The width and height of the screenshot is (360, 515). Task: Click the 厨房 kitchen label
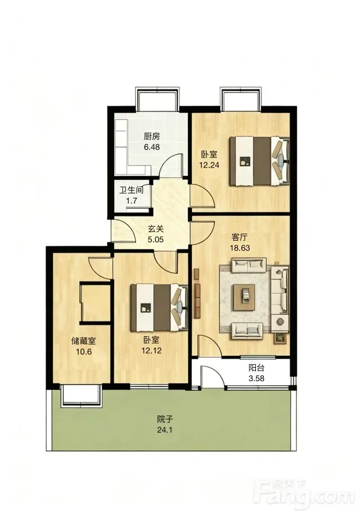(151, 136)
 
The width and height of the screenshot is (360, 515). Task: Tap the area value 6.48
(152, 147)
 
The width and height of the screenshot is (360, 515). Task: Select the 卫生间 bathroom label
(131, 190)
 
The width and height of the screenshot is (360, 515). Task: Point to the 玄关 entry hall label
(155, 229)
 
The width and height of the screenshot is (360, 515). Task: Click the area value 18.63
(240, 248)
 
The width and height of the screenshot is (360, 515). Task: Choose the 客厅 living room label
(240, 237)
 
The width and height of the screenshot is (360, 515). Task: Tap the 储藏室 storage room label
(83, 341)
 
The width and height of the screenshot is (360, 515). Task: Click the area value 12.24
(209, 165)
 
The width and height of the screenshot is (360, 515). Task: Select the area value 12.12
(151, 350)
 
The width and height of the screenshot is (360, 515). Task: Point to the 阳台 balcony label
(256, 368)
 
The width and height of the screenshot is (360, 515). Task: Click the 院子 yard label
(165, 419)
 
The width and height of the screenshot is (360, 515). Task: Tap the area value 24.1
(165, 430)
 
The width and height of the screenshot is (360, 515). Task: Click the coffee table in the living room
(245, 297)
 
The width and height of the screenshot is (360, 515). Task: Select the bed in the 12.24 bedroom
(259, 161)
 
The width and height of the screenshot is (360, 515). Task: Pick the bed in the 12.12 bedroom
(159, 308)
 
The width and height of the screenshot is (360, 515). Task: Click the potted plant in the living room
(281, 338)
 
